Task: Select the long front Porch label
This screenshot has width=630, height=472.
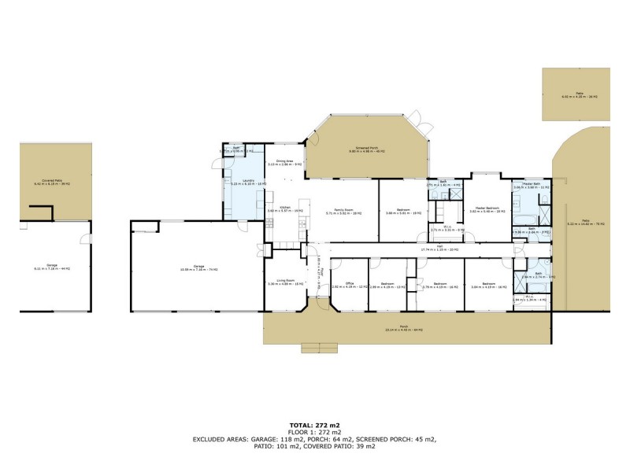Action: pos(405,328)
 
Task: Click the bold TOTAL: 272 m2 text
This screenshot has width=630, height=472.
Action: pos(315,426)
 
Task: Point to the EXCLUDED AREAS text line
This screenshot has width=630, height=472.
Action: pos(315,439)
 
